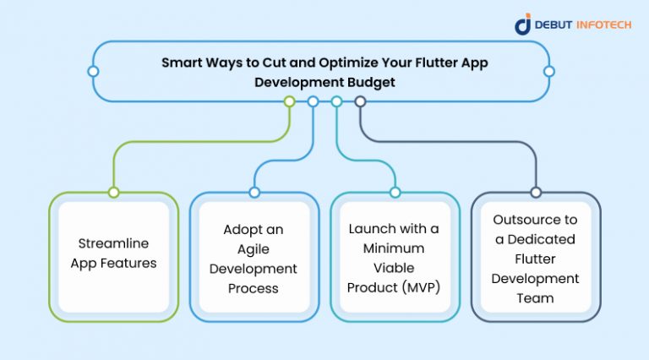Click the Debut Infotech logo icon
point(523,24)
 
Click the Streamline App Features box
point(113,256)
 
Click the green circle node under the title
point(289,101)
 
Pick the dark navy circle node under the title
point(360,101)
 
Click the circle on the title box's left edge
point(94,71)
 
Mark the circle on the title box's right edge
point(549,71)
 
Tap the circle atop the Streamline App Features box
point(113,193)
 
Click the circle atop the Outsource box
point(535,193)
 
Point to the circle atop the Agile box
point(254,193)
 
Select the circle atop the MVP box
point(395,193)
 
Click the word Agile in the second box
point(254,249)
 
